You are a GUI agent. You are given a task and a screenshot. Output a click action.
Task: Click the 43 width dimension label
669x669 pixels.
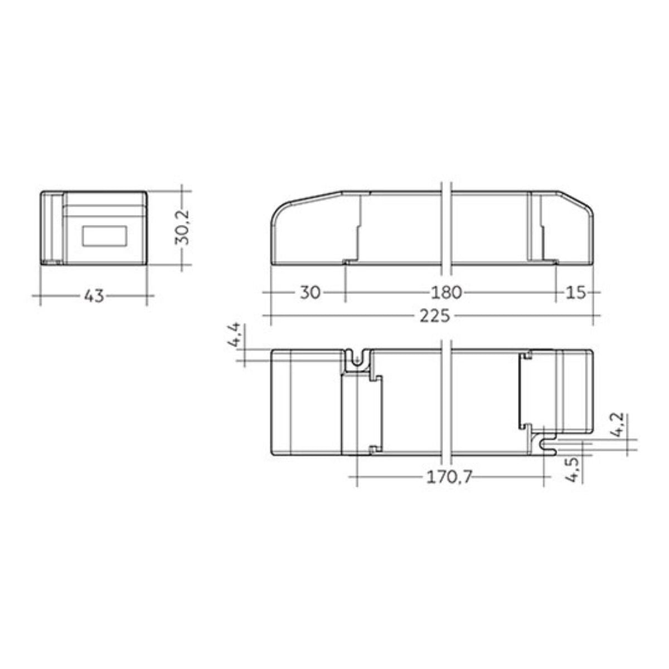click(x=94, y=296)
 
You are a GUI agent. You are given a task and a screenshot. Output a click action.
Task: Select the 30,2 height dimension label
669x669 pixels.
click(x=182, y=227)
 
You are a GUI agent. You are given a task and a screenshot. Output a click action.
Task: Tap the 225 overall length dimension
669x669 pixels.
click(x=435, y=316)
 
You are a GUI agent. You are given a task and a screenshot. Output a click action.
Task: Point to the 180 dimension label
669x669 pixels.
click(x=447, y=292)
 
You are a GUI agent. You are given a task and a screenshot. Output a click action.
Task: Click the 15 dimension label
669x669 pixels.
click(x=576, y=292)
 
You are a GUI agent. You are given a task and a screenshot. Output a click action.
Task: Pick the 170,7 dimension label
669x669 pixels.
click(x=449, y=478)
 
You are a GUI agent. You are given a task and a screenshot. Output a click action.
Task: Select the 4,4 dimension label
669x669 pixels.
click(x=234, y=336)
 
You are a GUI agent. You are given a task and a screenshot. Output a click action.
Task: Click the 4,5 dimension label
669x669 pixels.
click(x=573, y=470)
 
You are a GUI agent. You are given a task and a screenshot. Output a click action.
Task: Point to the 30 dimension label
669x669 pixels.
click(x=310, y=292)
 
